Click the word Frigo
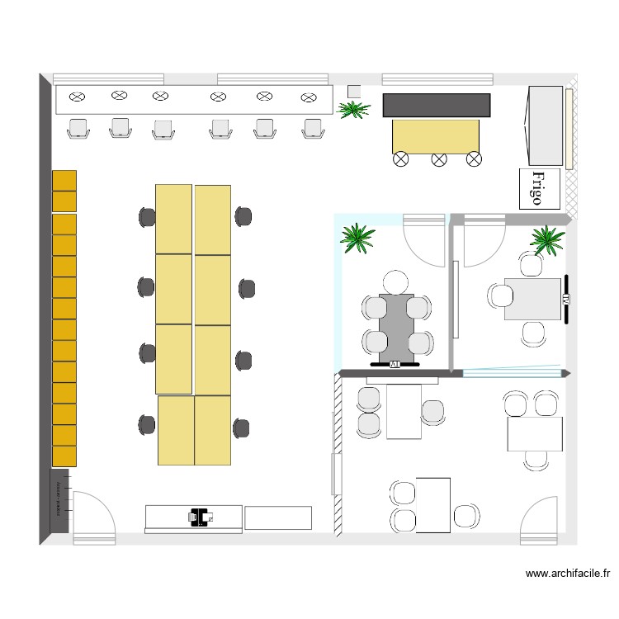(x=539, y=188)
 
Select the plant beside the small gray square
(x=354, y=108)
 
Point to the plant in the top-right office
(x=547, y=240)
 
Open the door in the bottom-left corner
(x=92, y=518)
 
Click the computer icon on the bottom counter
(x=199, y=517)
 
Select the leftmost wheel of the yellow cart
(x=402, y=158)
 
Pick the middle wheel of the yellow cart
(x=438, y=158)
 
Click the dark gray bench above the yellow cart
(x=437, y=105)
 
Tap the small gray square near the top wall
(x=354, y=91)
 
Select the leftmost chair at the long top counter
(x=78, y=129)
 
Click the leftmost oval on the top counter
(x=77, y=97)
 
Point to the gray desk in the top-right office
(x=532, y=298)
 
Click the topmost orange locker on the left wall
(x=64, y=180)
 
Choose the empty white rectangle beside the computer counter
(x=278, y=517)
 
